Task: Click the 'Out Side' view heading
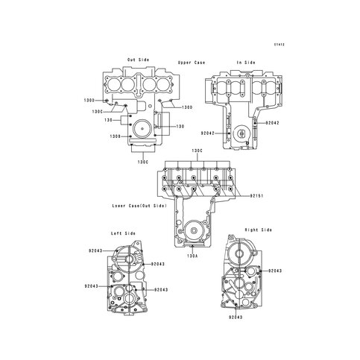point(139,60)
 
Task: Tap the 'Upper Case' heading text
point(192,63)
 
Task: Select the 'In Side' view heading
point(246,63)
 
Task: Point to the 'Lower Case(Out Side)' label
point(139,206)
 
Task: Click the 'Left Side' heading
point(123,233)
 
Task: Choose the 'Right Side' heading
point(259,230)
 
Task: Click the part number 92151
point(256,196)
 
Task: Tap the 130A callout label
point(192,256)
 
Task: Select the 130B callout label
point(116,136)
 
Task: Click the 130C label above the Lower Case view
point(198,151)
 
